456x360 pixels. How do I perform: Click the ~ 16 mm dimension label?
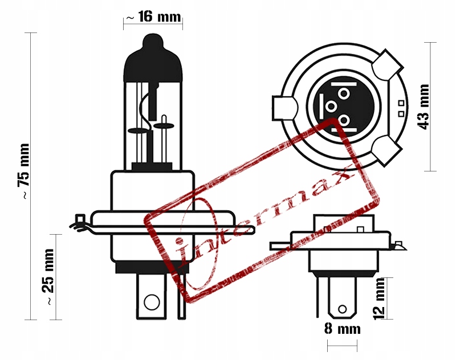click(x=152, y=17)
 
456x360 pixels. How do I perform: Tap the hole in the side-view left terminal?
click(x=151, y=301)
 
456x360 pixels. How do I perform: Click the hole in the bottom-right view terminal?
click(x=342, y=310)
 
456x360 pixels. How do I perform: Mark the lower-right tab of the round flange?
click(x=387, y=150)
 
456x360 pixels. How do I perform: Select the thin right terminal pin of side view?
click(x=181, y=296)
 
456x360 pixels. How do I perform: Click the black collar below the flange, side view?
click(x=150, y=267)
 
